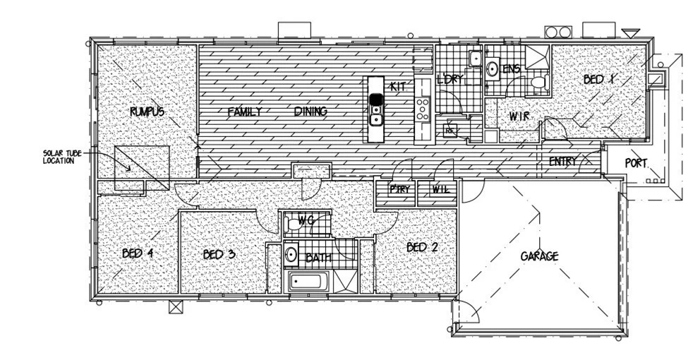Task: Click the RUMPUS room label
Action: (x=147, y=112)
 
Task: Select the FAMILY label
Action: (x=245, y=112)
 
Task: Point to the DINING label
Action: (x=310, y=112)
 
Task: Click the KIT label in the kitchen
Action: (x=397, y=86)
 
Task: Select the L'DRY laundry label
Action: (x=449, y=79)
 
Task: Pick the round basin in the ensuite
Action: (x=493, y=69)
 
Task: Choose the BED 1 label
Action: (x=599, y=80)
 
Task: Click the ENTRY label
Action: (x=562, y=162)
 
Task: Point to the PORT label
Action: (x=636, y=163)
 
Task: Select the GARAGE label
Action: (x=539, y=256)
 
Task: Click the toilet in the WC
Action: (x=293, y=224)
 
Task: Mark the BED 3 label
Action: (x=219, y=254)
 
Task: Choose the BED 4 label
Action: (x=138, y=253)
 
